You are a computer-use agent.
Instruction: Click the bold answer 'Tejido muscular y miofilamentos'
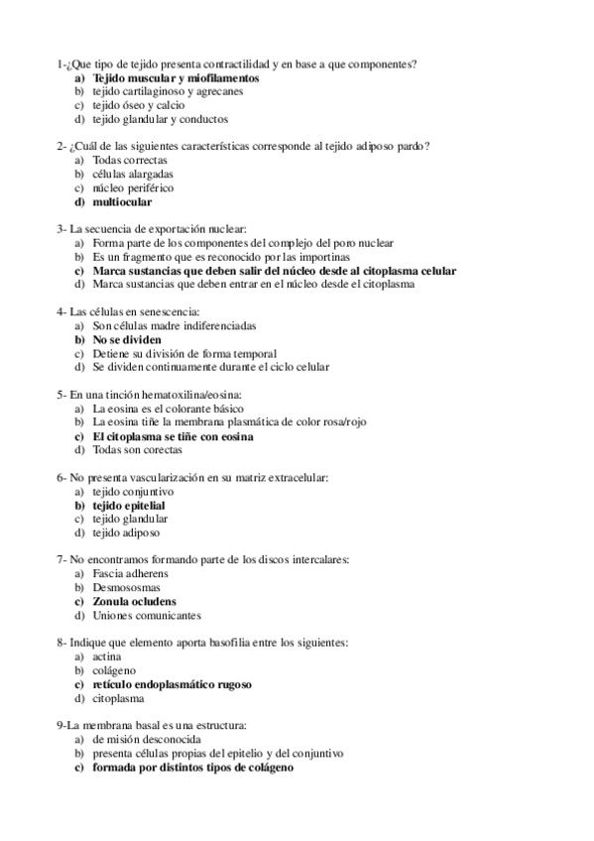tap(176, 76)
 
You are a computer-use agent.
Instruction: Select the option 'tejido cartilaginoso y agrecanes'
tap(167, 90)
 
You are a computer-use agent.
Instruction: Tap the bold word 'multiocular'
tap(122, 201)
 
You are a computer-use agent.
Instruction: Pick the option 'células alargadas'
tap(133, 174)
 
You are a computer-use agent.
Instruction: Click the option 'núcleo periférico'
tap(133, 187)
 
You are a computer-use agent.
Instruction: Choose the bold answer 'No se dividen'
tap(127, 339)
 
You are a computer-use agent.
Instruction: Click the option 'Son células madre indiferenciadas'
tap(174, 325)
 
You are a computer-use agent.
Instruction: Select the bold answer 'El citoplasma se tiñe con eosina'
tap(173, 435)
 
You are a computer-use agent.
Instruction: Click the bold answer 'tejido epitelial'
tap(129, 505)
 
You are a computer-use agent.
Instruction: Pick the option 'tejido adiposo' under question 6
tap(127, 533)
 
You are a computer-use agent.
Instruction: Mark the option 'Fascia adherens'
tap(130, 573)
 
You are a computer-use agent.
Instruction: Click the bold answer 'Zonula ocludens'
tap(134, 601)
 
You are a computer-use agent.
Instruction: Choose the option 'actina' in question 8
tap(107, 657)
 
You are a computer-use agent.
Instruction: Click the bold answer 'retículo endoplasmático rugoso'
tap(172, 684)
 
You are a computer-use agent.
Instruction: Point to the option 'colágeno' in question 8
tap(114, 670)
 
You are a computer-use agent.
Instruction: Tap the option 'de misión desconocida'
tap(149, 740)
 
